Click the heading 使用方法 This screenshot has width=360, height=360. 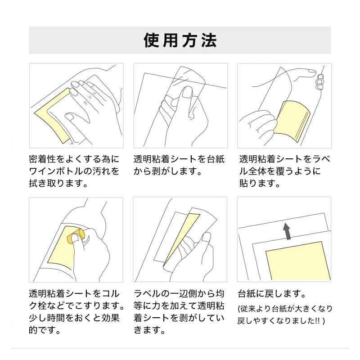click(180, 40)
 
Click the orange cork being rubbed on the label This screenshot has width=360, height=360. click(76, 235)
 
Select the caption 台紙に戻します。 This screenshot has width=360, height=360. click(272, 294)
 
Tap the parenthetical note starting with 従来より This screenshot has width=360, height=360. click(285, 315)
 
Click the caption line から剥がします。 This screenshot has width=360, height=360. click(168, 171)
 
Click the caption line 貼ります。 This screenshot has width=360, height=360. click(260, 183)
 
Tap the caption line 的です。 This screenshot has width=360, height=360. click(45, 330)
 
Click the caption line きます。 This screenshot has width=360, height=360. click(150, 330)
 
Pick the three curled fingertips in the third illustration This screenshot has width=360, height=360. click(320, 81)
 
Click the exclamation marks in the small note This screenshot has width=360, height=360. click(318, 321)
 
